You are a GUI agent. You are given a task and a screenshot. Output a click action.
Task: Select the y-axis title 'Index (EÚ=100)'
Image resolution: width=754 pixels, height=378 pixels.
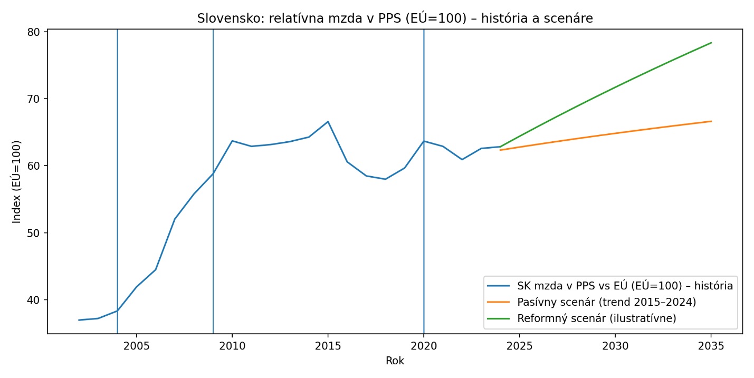tap(17, 181)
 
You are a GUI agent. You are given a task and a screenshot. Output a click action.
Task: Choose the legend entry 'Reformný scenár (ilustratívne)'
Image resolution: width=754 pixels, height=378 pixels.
tap(596, 318)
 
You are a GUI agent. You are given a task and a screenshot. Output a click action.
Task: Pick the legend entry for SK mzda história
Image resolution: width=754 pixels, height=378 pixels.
tap(625, 286)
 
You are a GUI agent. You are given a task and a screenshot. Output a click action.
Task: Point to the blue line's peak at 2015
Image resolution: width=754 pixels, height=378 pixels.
tap(328, 122)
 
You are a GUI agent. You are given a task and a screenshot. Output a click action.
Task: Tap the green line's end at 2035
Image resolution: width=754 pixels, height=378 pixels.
tap(711, 43)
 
